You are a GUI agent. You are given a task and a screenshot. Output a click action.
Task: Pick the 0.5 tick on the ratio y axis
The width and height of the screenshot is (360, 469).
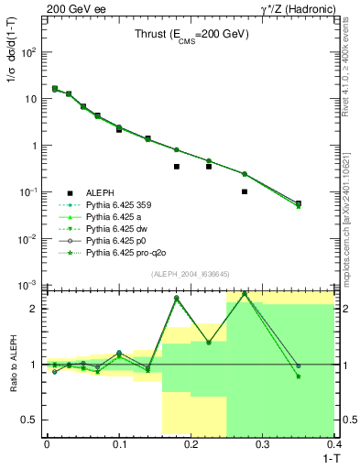[x=34, y=420]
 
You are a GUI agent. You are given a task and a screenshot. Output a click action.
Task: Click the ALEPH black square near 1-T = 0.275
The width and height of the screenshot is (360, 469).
[x=245, y=191]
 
